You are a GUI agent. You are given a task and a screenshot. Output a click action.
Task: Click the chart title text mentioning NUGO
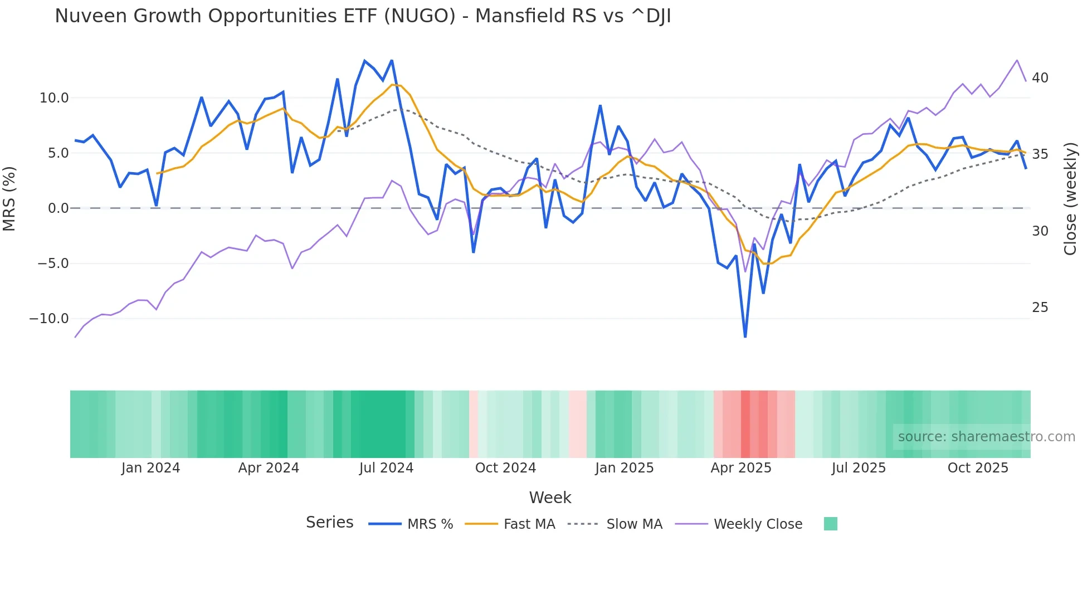363,16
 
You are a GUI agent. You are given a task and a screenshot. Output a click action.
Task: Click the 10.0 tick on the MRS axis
54,98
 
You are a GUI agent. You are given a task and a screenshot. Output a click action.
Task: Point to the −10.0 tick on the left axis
49,319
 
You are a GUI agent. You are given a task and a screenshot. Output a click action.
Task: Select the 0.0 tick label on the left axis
58,208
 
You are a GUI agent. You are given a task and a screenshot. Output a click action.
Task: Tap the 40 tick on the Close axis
1040,78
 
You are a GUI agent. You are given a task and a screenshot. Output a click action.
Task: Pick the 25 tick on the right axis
1040,308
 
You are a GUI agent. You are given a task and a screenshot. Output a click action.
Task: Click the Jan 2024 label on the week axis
150,468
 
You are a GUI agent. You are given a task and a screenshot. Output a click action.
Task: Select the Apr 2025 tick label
740,468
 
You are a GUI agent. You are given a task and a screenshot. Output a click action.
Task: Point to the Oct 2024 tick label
505,468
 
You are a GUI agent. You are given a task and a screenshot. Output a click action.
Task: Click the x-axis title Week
550,498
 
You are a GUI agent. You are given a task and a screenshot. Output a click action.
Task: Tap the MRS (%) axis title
9,198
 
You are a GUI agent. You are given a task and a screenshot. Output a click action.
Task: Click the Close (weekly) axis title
1070,199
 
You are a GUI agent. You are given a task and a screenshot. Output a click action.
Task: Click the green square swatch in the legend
830,524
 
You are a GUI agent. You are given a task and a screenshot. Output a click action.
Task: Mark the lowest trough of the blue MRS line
745,337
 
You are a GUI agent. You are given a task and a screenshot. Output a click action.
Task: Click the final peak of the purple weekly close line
1017,60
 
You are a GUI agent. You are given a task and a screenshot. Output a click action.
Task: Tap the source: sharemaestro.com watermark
986,437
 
